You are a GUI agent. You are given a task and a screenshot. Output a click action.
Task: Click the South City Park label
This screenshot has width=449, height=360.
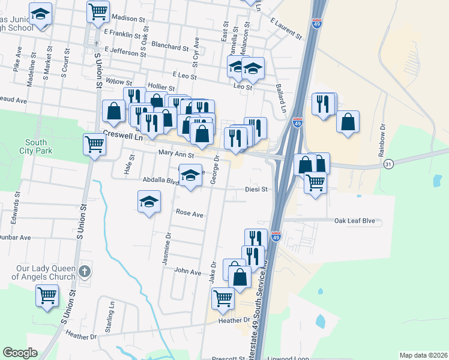(x=37, y=146)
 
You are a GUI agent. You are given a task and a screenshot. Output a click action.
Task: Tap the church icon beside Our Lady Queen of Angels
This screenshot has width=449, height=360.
(x=85, y=272)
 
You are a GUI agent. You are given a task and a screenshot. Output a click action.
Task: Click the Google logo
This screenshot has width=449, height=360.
(x=20, y=353)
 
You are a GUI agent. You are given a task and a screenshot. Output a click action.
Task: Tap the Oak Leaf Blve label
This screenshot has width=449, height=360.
(x=354, y=221)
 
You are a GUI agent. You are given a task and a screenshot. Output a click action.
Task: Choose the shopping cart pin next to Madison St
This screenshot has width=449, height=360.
(x=98, y=11)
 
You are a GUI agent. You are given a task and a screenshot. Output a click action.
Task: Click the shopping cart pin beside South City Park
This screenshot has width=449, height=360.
(x=95, y=144)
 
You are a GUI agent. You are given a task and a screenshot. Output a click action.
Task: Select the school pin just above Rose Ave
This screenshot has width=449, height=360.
(x=149, y=202)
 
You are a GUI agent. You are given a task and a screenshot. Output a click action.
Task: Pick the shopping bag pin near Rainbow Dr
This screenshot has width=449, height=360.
(x=348, y=122)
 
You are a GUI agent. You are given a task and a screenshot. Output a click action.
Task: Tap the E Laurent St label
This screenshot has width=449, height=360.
(x=285, y=28)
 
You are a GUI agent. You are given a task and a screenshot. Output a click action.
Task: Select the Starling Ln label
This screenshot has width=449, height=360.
(x=110, y=312)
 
